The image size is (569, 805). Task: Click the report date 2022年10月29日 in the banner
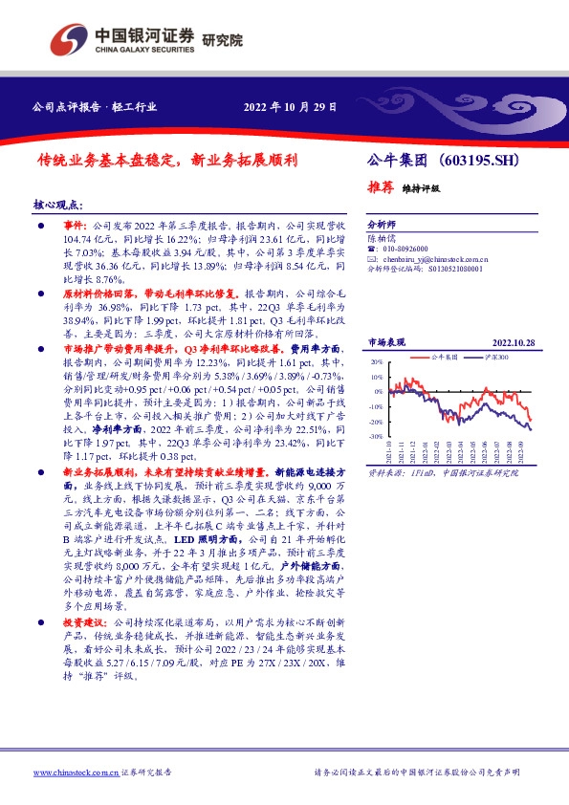[x=290, y=107]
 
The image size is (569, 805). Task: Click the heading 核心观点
[x=59, y=206]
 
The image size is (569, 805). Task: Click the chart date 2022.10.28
[x=514, y=341]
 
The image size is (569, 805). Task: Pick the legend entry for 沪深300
[x=499, y=355]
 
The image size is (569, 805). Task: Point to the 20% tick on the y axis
[x=376, y=363]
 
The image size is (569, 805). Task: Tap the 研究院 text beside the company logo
[x=223, y=40]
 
